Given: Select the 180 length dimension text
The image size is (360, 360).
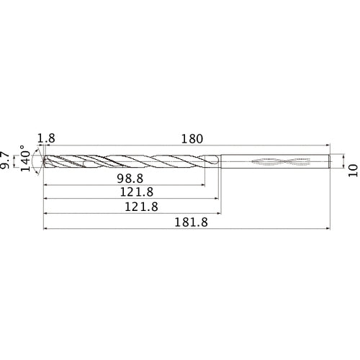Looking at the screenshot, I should (x=192, y=138).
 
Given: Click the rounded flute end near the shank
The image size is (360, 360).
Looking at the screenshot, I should (x=216, y=163).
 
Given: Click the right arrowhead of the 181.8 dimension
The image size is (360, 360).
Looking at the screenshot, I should (x=329, y=230).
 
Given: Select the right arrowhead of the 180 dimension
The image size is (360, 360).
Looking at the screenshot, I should (x=329, y=146).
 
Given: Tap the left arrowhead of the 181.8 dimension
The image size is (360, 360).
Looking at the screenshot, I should (x=47, y=230).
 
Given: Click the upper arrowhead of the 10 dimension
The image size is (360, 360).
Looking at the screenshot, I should (x=343, y=153).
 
